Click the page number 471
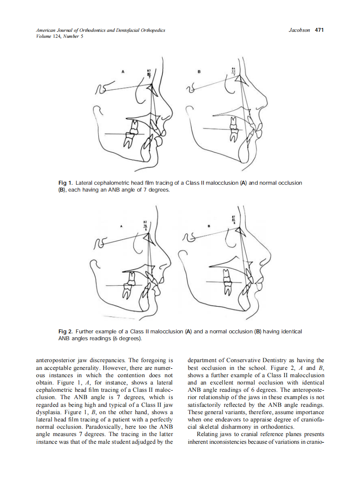click(x=319, y=30)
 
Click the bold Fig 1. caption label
click(x=65, y=183)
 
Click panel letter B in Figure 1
click(x=198, y=72)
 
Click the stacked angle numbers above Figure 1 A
click(x=149, y=73)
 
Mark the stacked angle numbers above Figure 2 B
click(x=233, y=220)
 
